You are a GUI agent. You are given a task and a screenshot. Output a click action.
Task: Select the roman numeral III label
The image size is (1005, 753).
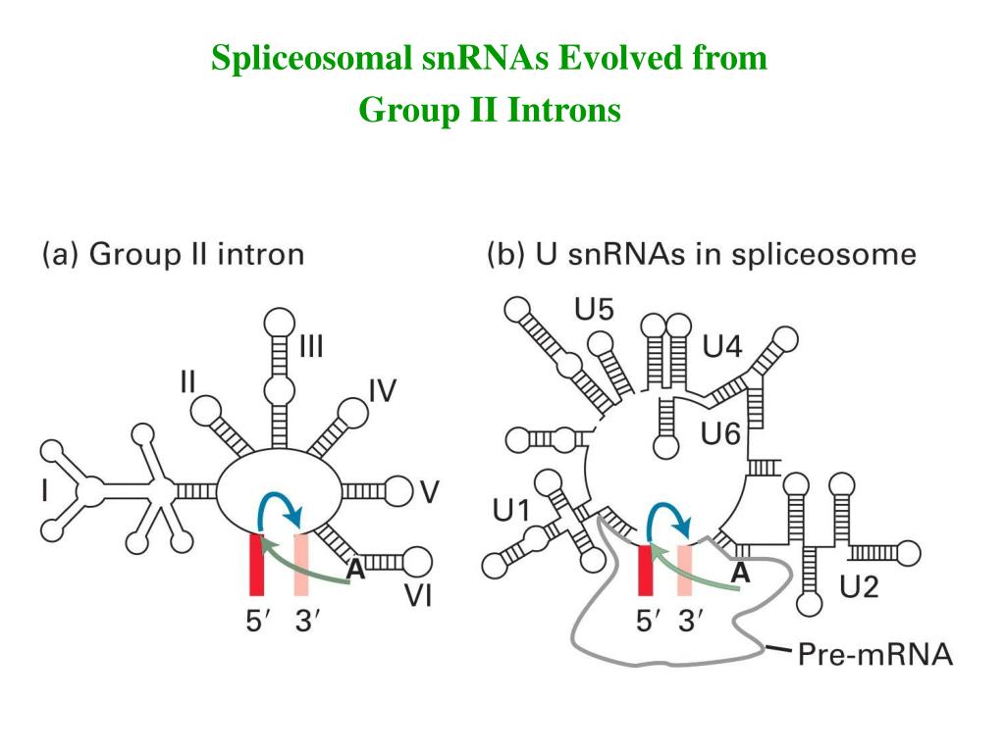point(312,347)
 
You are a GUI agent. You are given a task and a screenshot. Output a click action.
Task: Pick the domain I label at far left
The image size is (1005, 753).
point(44,490)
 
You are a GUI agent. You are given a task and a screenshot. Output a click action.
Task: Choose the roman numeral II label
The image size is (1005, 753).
point(193,380)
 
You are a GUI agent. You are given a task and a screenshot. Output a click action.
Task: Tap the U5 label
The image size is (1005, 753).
point(594,311)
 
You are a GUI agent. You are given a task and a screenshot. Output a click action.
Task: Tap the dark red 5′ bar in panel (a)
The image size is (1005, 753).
point(258,564)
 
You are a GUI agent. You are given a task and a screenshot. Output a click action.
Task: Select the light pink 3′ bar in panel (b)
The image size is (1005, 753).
point(685,569)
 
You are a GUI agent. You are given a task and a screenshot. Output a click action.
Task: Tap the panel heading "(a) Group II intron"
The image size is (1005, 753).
point(173,256)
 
